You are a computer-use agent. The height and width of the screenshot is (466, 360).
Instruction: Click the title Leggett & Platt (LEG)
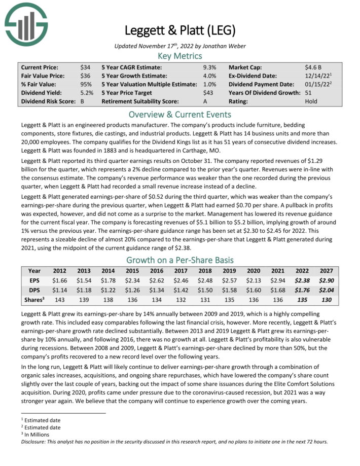pos(179,30)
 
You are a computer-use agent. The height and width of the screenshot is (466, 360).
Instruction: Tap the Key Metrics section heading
pos(179,56)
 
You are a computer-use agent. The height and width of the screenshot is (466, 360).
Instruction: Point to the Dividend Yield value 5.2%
pos(87,93)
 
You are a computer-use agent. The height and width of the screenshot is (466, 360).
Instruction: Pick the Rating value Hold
pos(311,101)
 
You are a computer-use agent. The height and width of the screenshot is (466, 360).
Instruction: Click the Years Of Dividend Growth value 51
pos(308,93)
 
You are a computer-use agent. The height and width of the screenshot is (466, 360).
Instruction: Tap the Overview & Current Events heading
pos(179,114)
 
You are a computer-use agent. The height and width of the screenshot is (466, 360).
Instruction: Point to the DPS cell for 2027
pos(327,290)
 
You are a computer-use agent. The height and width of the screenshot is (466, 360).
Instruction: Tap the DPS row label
pos(34,290)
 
